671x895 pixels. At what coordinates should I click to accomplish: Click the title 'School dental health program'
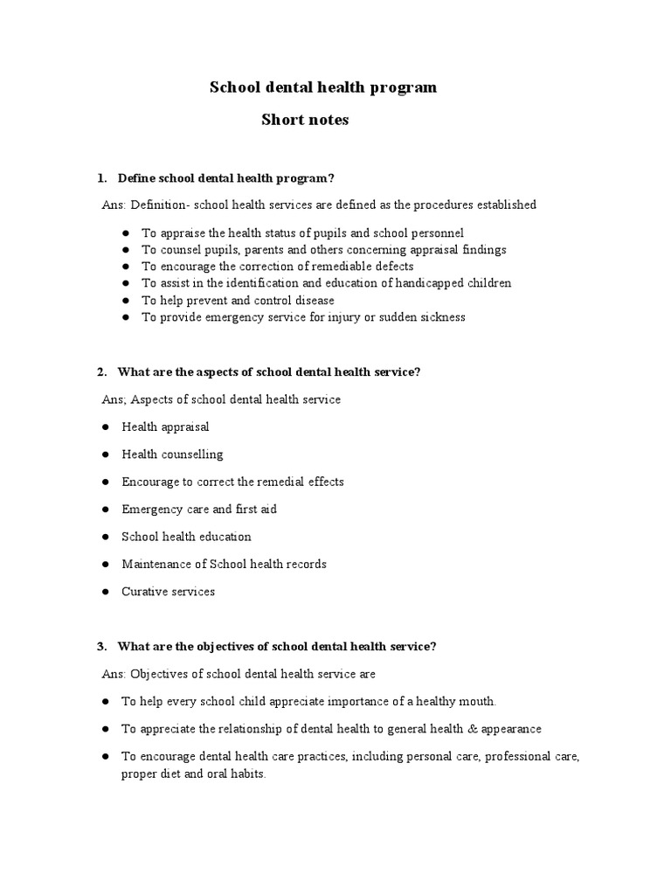(322, 87)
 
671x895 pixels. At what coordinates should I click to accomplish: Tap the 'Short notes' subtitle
(305, 121)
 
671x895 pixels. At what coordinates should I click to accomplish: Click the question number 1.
(101, 178)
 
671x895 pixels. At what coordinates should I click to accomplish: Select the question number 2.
(101, 372)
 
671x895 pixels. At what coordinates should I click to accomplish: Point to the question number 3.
(101, 647)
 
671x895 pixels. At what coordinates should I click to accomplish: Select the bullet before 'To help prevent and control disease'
(126, 301)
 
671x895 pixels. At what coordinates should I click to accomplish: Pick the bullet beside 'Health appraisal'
(105, 427)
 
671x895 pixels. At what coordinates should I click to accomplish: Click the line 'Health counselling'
(172, 454)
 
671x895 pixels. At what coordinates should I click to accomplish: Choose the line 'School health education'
(186, 537)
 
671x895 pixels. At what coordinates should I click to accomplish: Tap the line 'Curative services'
(168, 592)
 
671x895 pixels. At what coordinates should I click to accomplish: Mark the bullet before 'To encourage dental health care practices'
(105, 757)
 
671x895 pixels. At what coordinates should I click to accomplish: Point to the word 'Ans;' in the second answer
(115, 400)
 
